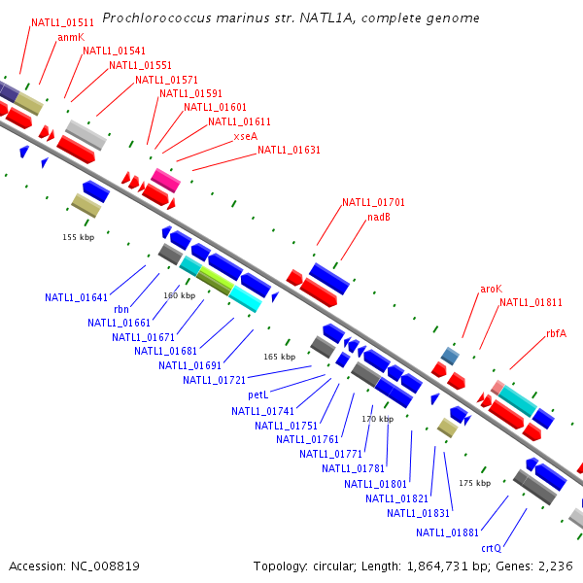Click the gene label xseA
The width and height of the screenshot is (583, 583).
click(245, 136)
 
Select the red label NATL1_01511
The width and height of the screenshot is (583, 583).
click(62, 22)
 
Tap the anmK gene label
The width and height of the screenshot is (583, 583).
click(71, 37)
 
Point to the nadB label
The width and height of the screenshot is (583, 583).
click(379, 217)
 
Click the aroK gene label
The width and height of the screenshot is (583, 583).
click(492, 289)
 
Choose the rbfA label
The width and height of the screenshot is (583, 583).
click(556, 333)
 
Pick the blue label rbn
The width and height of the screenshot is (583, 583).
click(121, 309)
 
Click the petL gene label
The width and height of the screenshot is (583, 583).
click(257, 394)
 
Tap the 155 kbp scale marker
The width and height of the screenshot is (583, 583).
click(78, 237)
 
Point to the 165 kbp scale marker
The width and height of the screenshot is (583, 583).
click(279, 357)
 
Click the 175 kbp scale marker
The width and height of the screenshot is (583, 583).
click(474, 483)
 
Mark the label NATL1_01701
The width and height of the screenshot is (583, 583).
click(373, 202)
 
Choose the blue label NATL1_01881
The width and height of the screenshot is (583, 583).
click(447, 532)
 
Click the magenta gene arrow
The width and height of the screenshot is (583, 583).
click(165, 179)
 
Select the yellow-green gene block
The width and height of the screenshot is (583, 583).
click(215, 281)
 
